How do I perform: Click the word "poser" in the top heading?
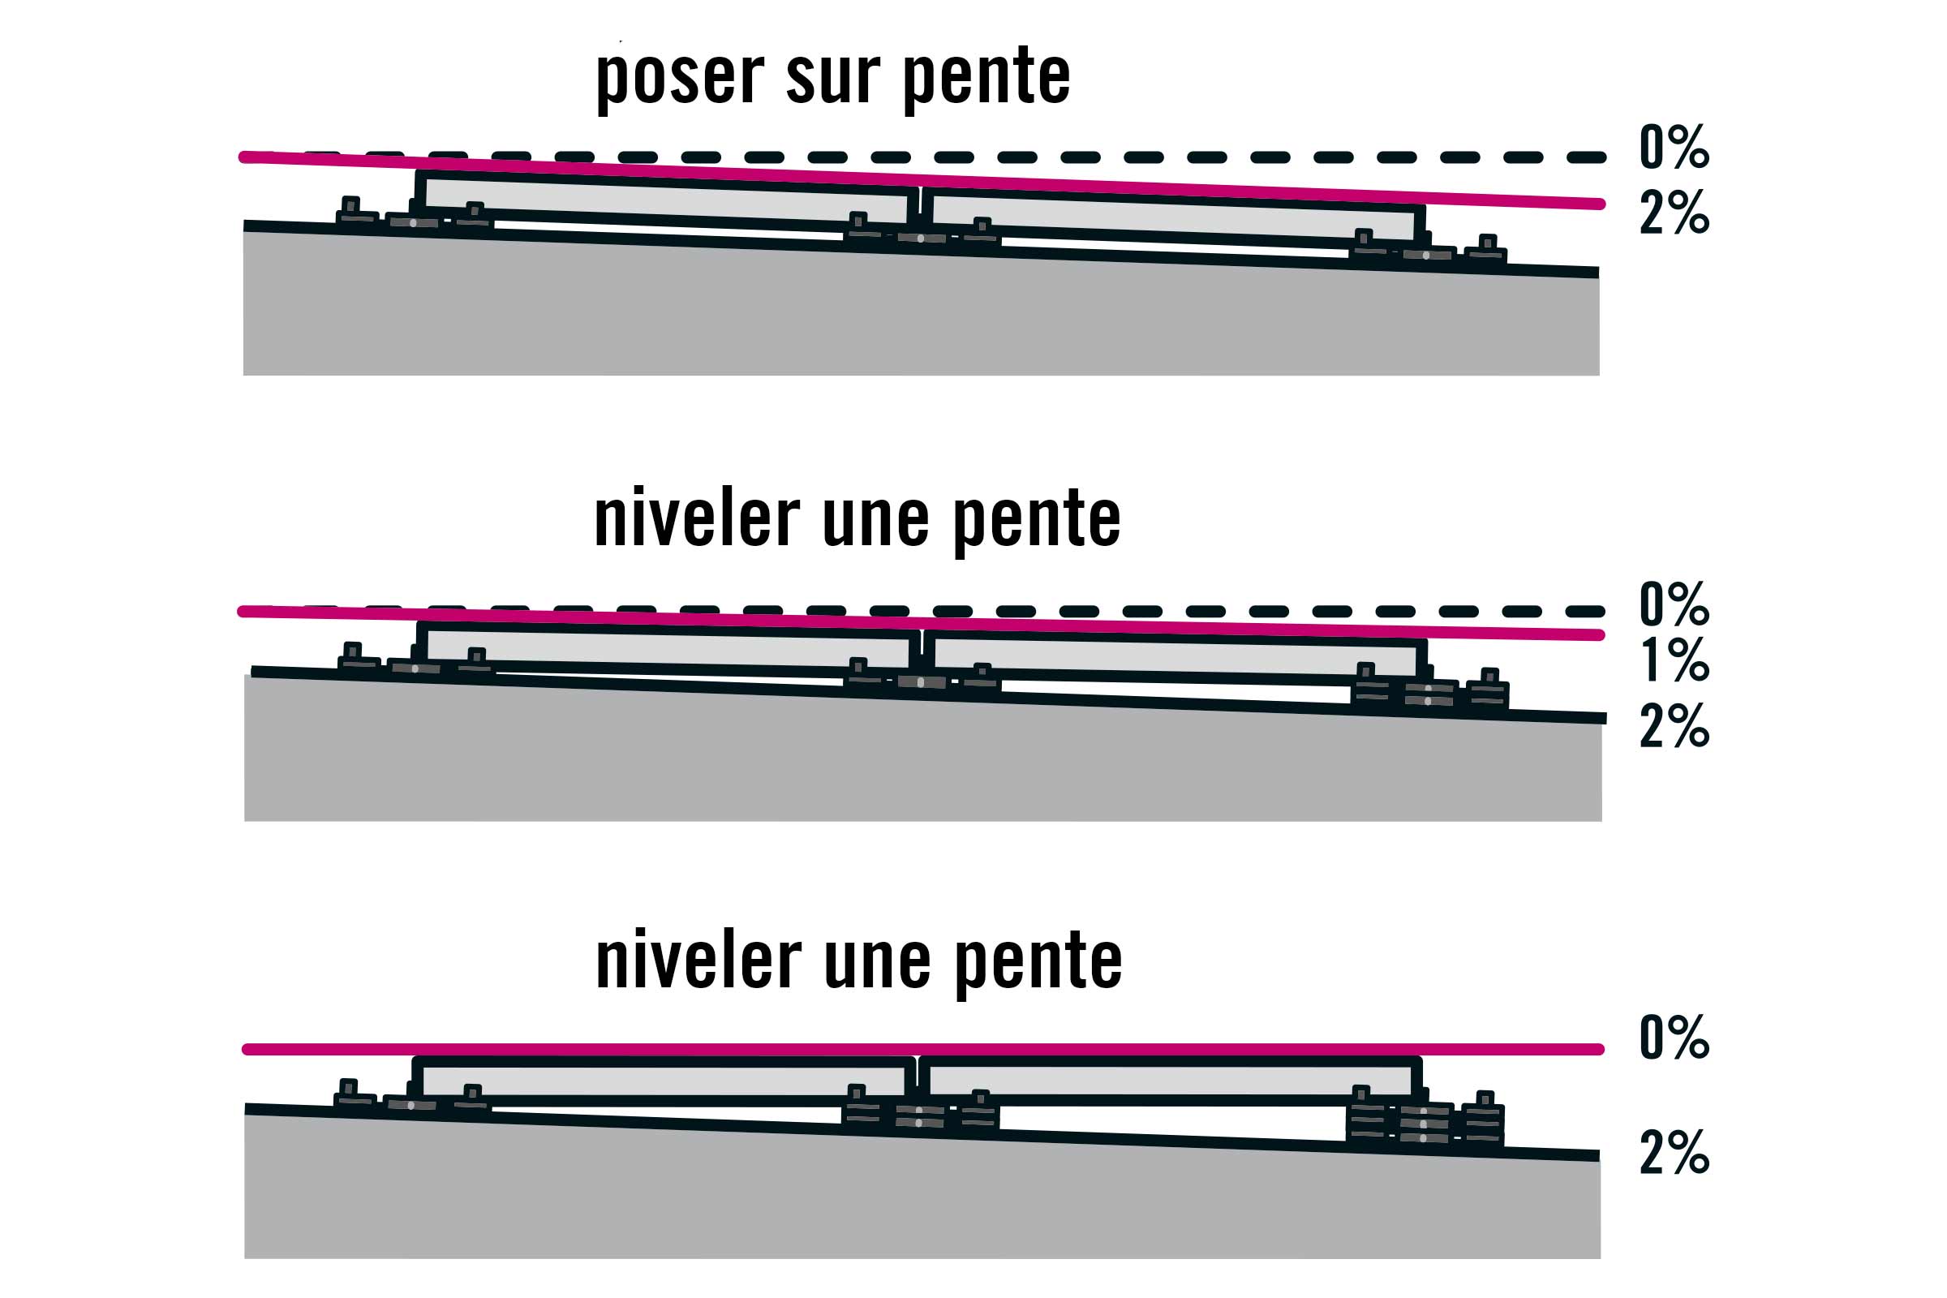[680, 79]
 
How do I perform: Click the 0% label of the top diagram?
[1674, 147]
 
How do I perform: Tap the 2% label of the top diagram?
[1674, 212]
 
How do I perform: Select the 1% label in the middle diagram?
[1674, 660]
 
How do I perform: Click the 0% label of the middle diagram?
[1674, 604]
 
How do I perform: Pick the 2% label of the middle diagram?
[1674, 726]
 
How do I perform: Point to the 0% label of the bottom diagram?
[1674, 1037]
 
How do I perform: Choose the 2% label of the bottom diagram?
[1674, 1151]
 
